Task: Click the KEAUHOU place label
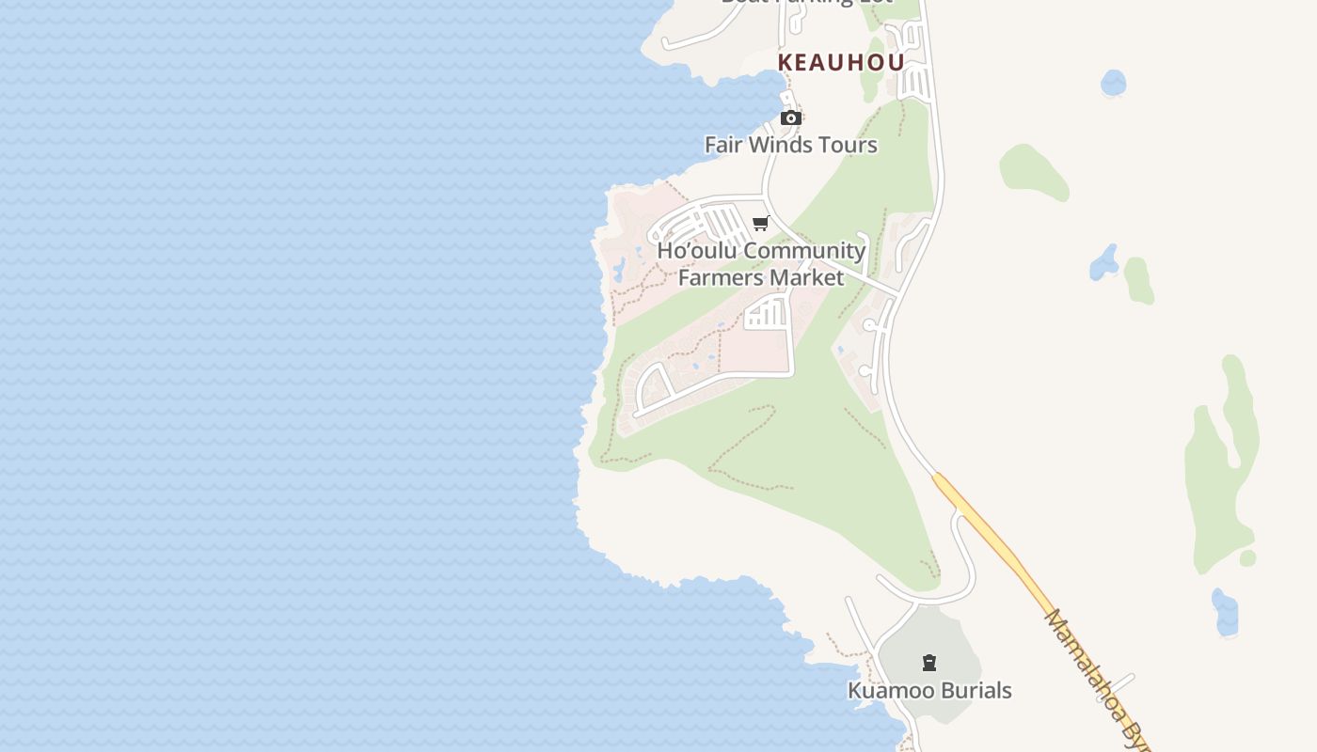point(841,63)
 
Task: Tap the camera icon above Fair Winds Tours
point(791,118)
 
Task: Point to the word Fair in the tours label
point(722,145)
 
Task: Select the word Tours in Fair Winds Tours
point(848,145)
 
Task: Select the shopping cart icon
point(761,224)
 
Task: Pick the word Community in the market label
point(805,251)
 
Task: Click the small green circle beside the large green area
point(1247,558)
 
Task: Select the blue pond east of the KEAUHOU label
point(1113,83)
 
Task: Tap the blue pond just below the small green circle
point(1225,612)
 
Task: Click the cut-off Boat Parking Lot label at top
point(806,3)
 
